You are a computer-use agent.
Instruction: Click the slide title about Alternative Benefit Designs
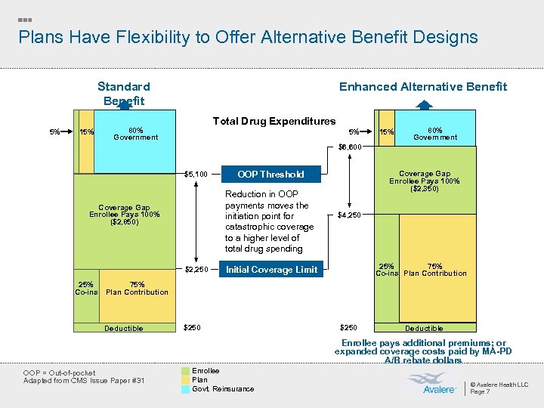coord(248,37)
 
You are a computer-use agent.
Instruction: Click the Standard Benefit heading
coord(124,94)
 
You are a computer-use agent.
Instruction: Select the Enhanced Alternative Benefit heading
coord(422,86)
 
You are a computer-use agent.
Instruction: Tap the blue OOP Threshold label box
coord(270,175)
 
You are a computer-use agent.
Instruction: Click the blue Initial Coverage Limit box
coord(271,270)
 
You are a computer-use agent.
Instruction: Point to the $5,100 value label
coord(196,175)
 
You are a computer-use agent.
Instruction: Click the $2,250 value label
coord(196,270)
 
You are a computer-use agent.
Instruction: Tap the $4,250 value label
coord(349,215)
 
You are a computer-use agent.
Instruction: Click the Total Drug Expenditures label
coord(274,121)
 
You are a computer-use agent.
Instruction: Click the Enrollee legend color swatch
coord(185,371)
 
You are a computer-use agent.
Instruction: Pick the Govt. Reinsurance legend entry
coord(223,388)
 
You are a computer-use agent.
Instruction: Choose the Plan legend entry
coord(199,380)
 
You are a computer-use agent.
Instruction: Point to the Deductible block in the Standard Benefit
coord(124,328)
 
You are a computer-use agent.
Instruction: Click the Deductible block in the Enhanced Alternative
coord(424,328)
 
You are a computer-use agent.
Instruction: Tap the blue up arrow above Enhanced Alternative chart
coord(425,106)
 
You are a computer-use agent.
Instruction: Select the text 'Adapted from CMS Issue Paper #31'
coord(84,379)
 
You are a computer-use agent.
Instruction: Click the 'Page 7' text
coord(480,391)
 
